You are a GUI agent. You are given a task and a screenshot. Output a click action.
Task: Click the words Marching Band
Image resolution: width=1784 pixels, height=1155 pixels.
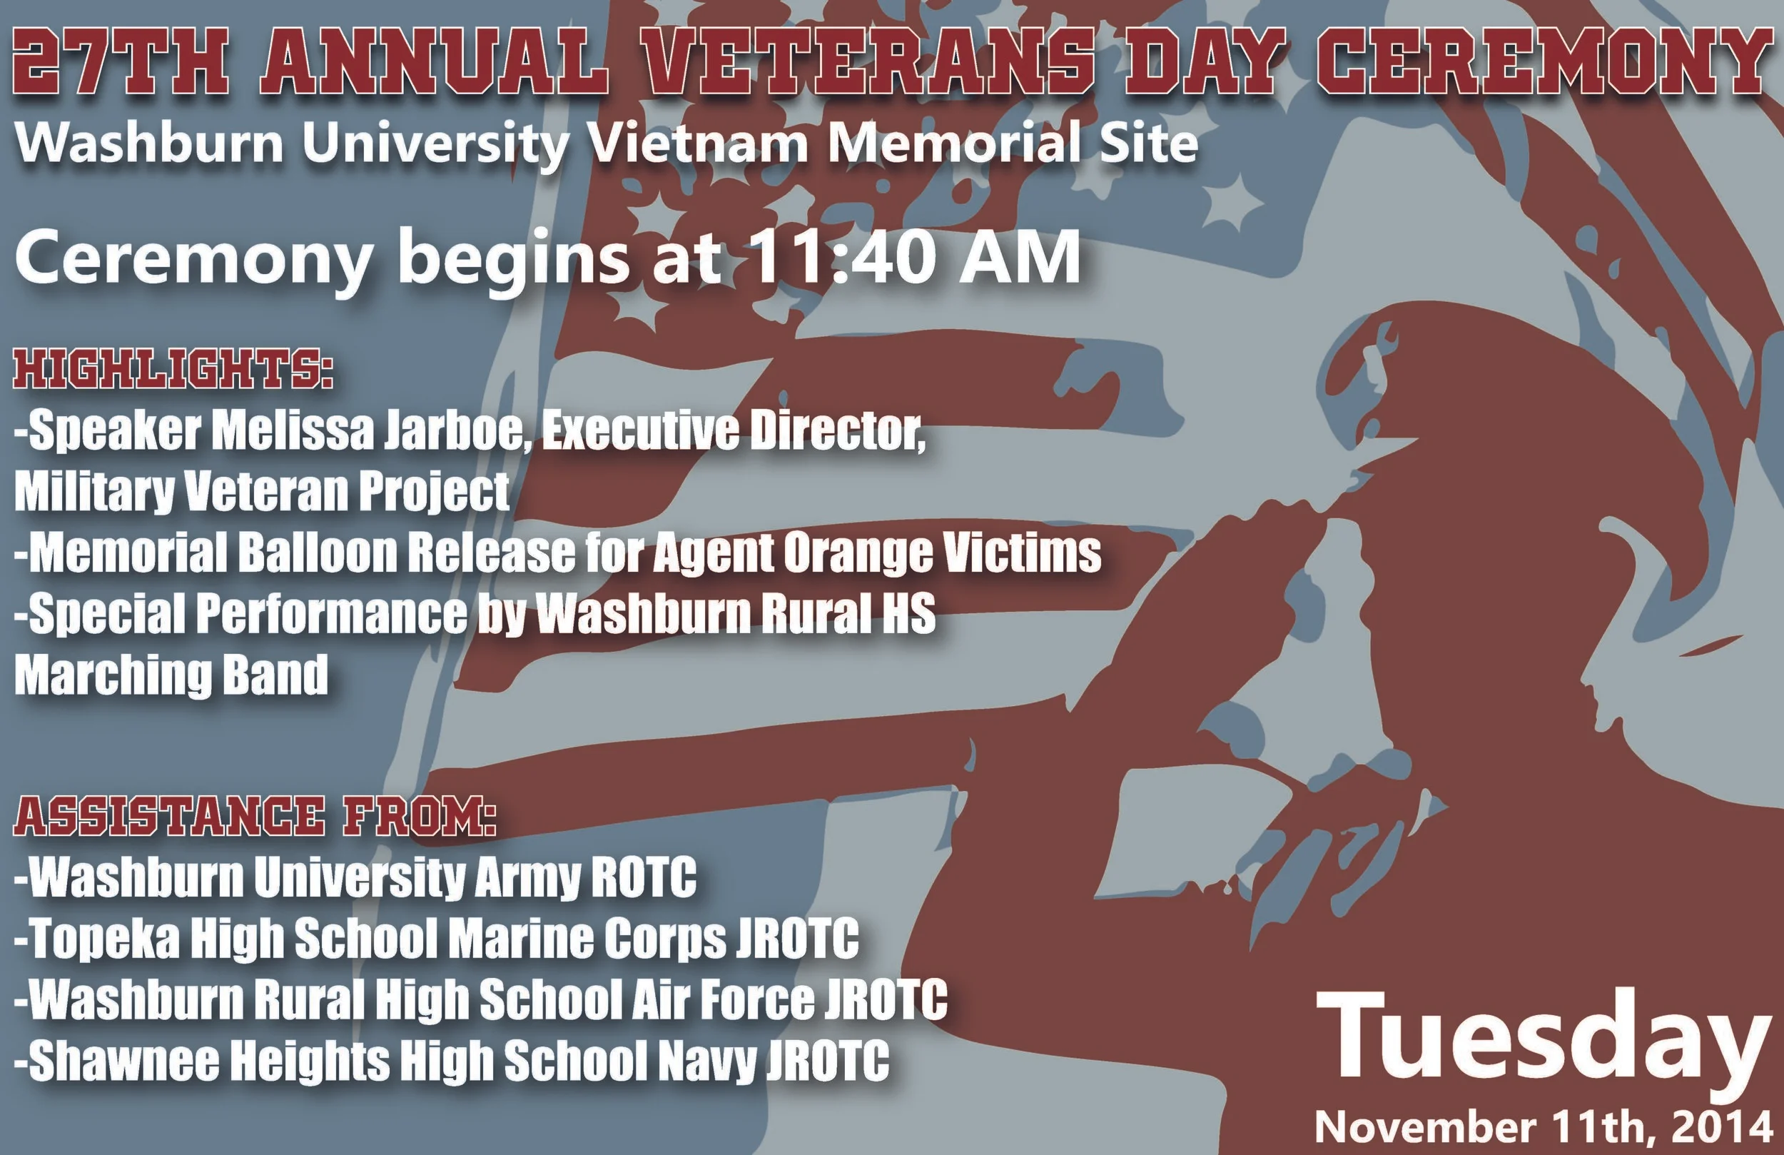click(x=171, y=675)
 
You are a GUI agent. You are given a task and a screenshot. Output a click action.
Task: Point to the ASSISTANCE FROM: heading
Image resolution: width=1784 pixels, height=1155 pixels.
click(x=255, y=817)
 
